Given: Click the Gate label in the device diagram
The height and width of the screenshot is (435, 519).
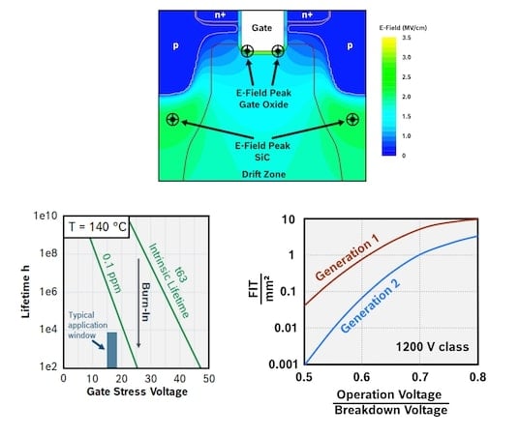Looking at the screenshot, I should click(261, 30).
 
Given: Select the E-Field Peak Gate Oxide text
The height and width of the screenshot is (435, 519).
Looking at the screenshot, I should click(261, 94).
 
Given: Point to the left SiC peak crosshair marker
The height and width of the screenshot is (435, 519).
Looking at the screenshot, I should click(172, 120).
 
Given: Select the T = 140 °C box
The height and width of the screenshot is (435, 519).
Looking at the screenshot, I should click(101, 228).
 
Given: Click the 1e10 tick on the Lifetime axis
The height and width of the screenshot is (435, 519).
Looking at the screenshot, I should click(44, 218).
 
